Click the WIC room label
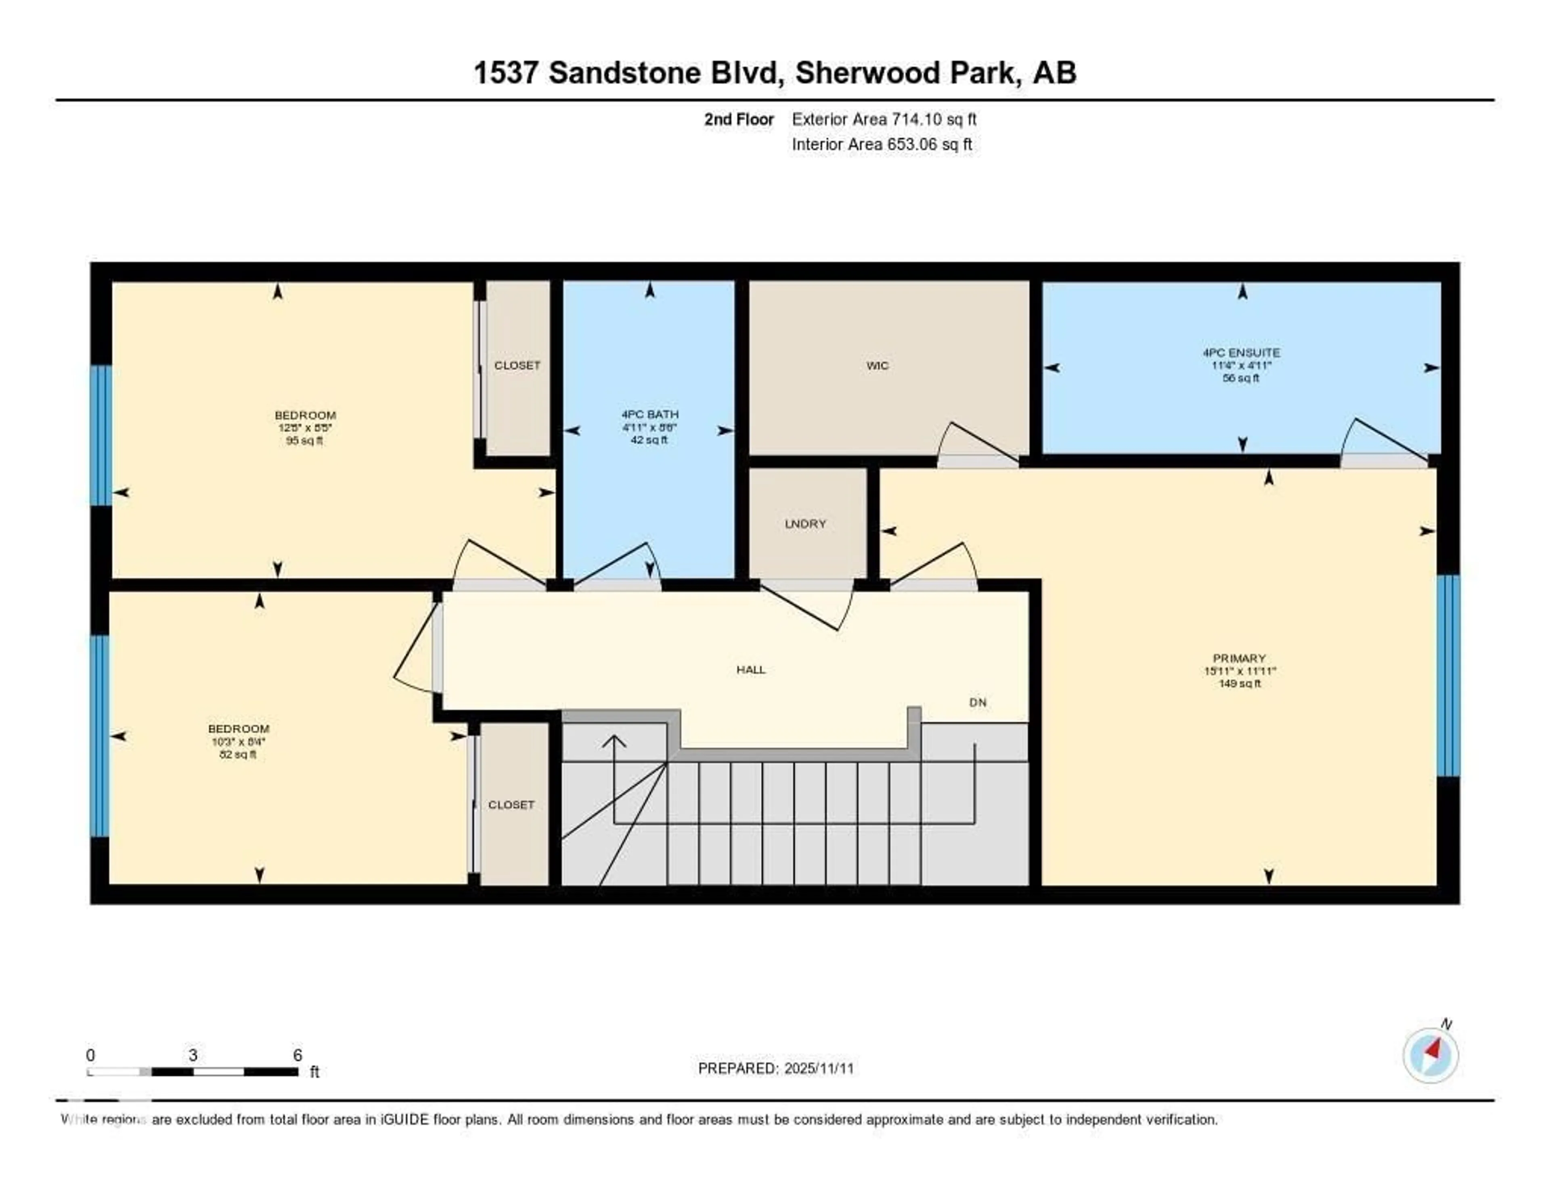877,365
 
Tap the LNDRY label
806,524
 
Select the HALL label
751,669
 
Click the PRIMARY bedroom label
1239,658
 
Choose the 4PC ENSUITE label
1241,353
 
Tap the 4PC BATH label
649,414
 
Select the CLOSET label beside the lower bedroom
511,805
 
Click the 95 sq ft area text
304,441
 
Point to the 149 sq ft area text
1239,683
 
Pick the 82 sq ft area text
239,754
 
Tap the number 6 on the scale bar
298,1055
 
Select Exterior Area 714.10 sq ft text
884,119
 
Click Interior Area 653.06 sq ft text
882,144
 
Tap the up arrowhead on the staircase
614,741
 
